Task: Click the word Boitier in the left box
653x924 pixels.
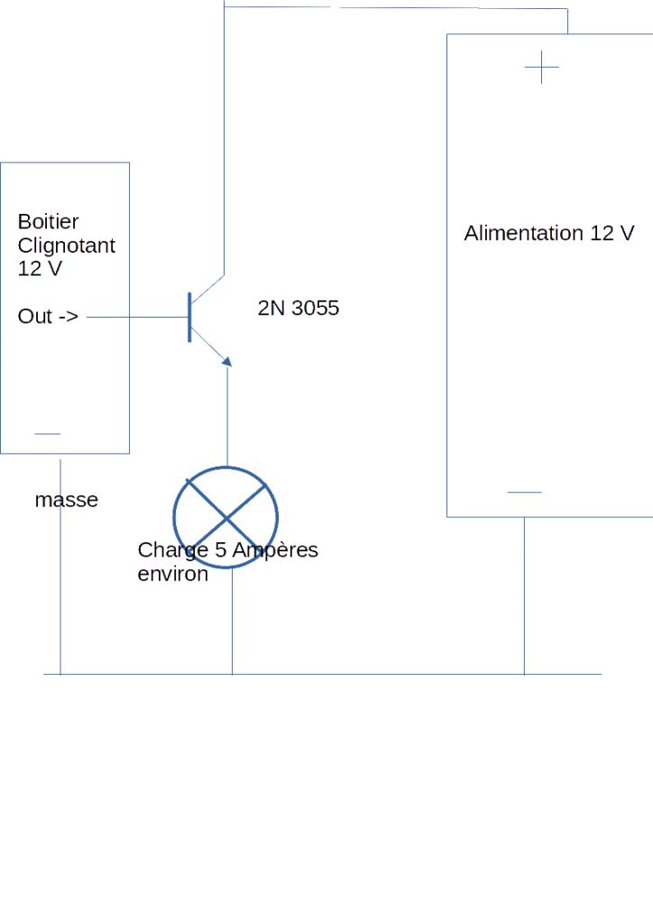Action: click(x=48, y=222)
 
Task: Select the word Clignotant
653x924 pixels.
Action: click(x=66, y=245)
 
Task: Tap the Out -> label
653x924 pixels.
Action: click(x=48, y=317)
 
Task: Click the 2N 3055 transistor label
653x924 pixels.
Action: click(x=298, y=309)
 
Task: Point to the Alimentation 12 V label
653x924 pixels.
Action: click(x=548, y=234)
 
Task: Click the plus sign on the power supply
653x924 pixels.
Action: click(x=541, y=68)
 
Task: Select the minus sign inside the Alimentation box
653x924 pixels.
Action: click(x=524, y=493)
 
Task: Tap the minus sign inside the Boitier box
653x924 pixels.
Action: click(x=47, y=434)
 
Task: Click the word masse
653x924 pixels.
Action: click(x=66, y=500)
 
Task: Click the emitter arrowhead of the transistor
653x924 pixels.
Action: click(x=226, y=361)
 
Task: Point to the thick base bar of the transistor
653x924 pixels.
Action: click(x=189, y=317)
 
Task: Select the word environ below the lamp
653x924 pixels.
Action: click(x=172, y=574)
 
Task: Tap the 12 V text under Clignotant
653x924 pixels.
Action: click(x=40, y=269)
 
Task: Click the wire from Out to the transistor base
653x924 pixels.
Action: click(x=135, y=317)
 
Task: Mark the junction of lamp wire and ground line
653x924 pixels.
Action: click(x=232, y=674)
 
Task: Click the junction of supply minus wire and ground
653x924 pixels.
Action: click(x=524, y=674)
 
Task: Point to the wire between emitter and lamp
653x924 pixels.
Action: click(x=226, y=415)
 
